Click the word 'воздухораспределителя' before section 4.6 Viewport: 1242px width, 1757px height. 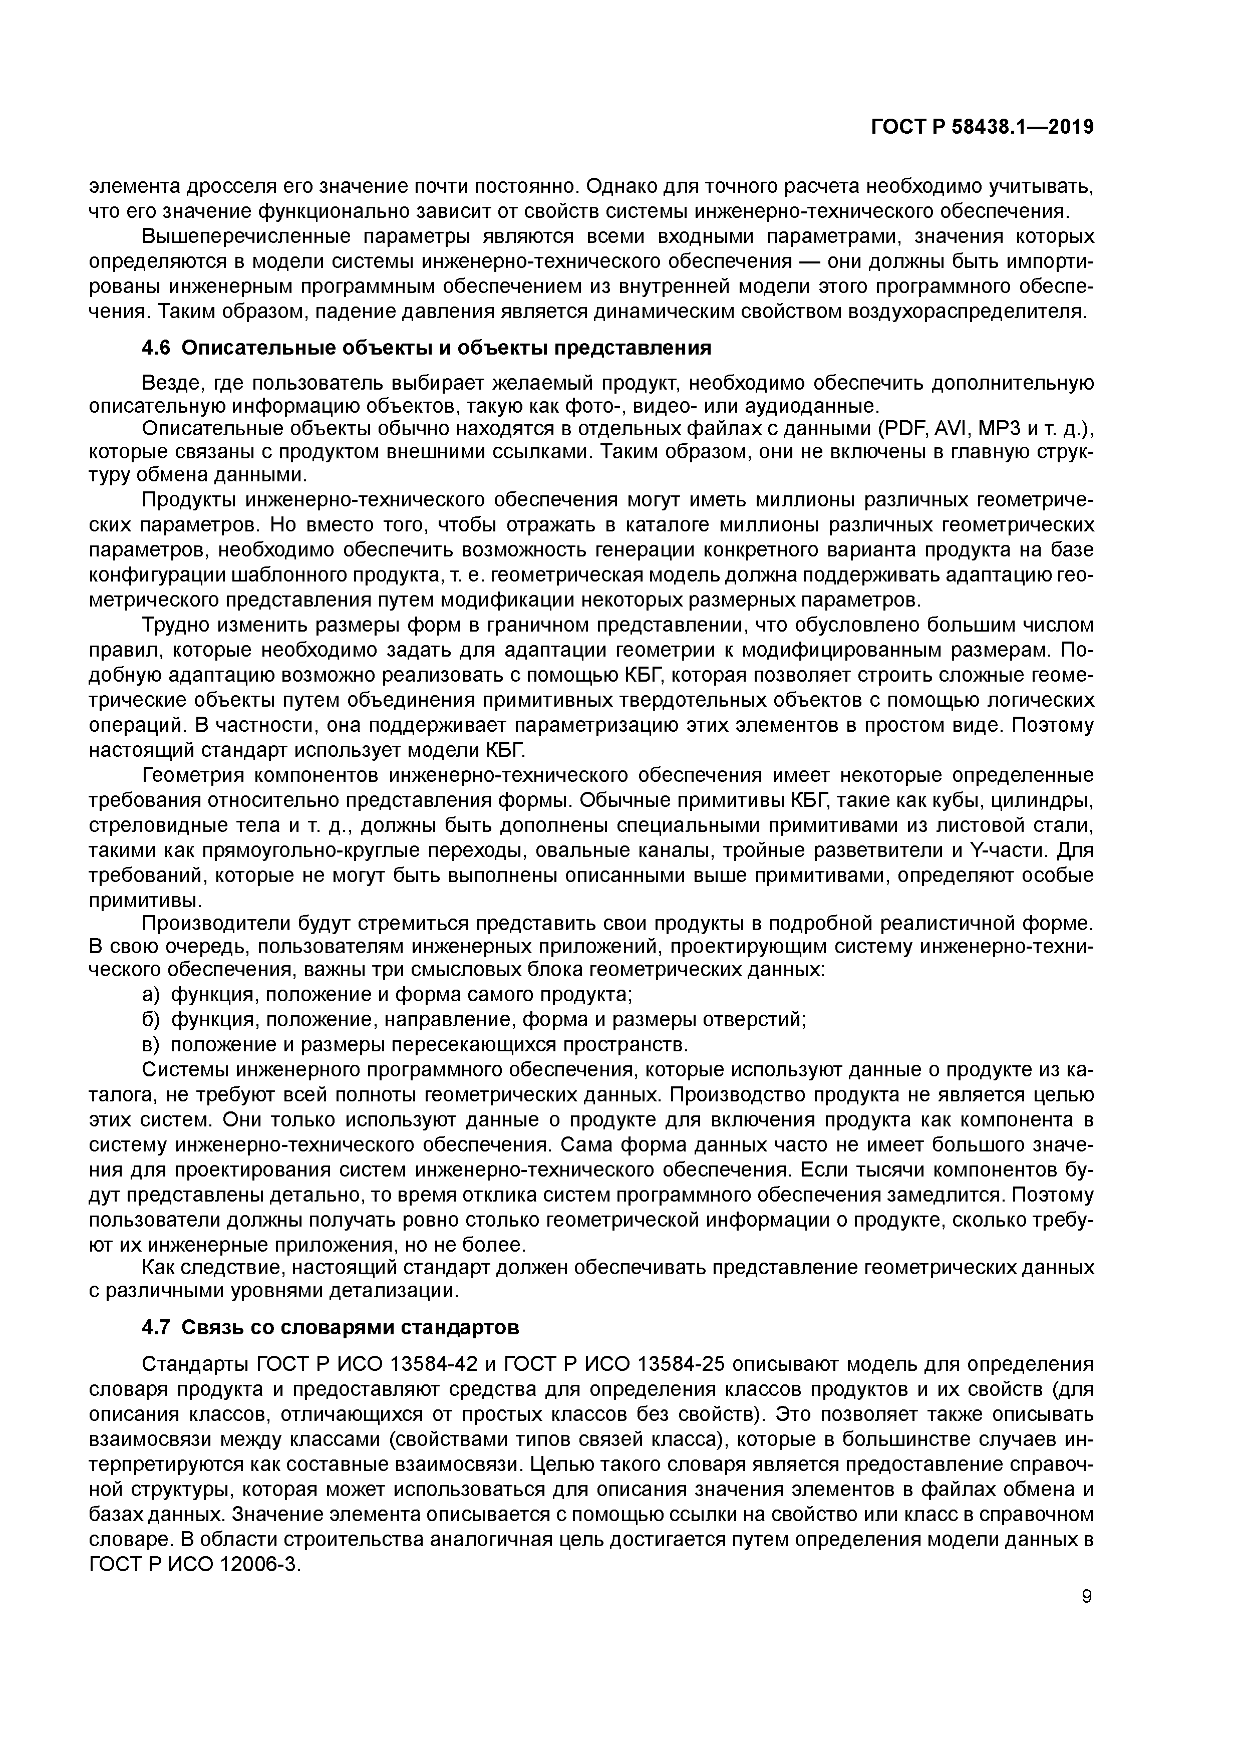[x=971, y=312]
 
